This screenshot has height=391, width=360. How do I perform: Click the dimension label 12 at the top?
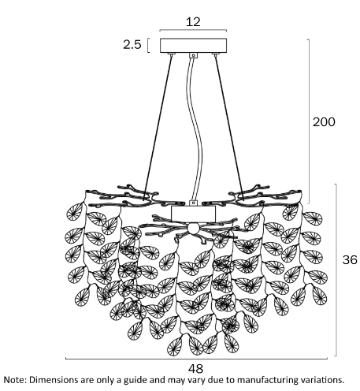click(x=193, y=21)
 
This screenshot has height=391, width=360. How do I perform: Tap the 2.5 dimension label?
click(x=132, y=45)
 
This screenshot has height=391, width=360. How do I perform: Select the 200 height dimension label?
click(x=324, y=122)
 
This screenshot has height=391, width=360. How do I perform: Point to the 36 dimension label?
click(x=350, y=259)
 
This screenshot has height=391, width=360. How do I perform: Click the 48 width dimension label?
click(x=195, y=369)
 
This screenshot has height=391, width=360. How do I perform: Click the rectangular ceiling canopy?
click(x=193, y=46)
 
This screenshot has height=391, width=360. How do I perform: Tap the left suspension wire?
click(x=158, y=128)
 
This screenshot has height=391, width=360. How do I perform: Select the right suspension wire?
click(x=229, y=128)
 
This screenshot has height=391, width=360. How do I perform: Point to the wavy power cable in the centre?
click(x=196, y=128)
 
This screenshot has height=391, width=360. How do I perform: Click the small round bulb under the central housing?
click(x=193, y=228)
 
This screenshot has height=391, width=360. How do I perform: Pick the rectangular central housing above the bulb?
click(x=193, y=214)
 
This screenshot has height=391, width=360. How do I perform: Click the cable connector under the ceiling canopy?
click(x=194, y=55)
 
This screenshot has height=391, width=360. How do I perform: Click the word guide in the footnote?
click(x=135, y=381)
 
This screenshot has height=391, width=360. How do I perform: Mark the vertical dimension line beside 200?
click(x=309, y=121)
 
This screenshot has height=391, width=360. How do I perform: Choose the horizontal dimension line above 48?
click(x=196, y=359)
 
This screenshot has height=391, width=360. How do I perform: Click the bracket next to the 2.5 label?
click(x=149, y=46)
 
